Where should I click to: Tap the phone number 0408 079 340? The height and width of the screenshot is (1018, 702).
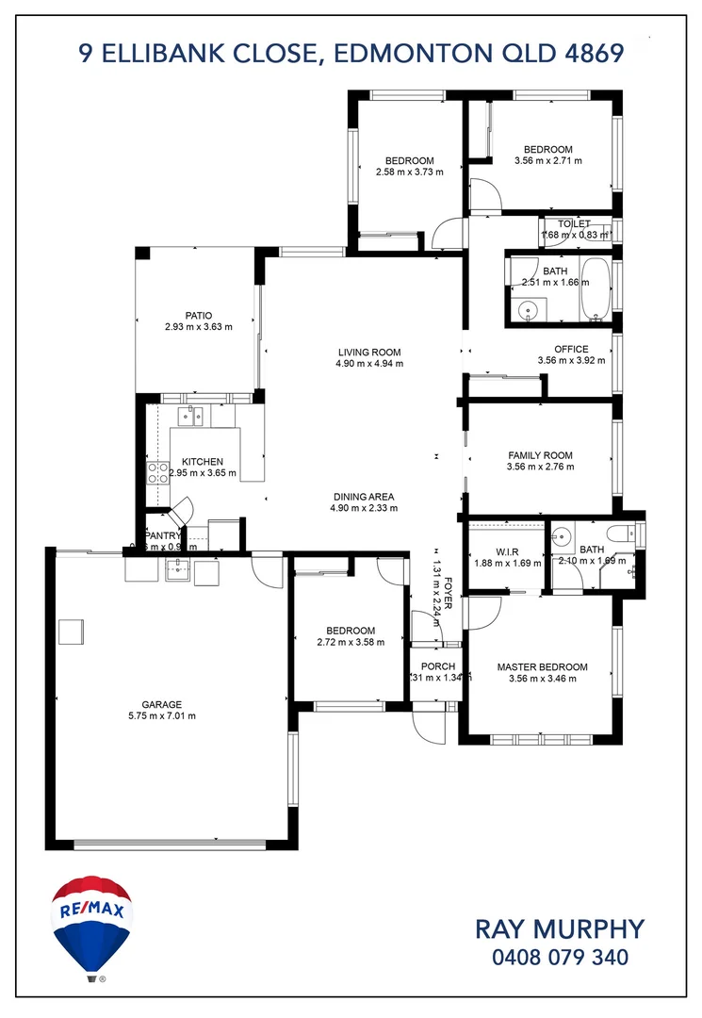coord(560,958)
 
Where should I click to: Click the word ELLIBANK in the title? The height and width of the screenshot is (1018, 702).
coord(216,52)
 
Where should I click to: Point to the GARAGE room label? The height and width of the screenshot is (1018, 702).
coord(162,704)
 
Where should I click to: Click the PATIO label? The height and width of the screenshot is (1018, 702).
coord(198,316)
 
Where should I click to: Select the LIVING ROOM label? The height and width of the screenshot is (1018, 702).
coord(369,352)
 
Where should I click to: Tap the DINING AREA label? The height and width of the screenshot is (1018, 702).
coord(363,497)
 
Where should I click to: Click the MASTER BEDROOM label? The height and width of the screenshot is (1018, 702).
coord(542,667)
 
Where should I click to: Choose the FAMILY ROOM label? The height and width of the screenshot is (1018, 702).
coord(540,454)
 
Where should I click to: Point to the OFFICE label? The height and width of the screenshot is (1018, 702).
coord(571,348)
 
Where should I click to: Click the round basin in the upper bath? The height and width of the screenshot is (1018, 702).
coord(529,308)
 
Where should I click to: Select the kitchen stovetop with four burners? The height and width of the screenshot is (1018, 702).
coord(156,471)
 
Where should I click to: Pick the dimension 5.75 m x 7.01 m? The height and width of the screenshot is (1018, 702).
coord(162,716)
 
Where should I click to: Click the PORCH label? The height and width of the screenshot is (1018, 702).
coord(438,666)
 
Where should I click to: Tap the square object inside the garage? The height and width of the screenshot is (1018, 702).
coord(72,632)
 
